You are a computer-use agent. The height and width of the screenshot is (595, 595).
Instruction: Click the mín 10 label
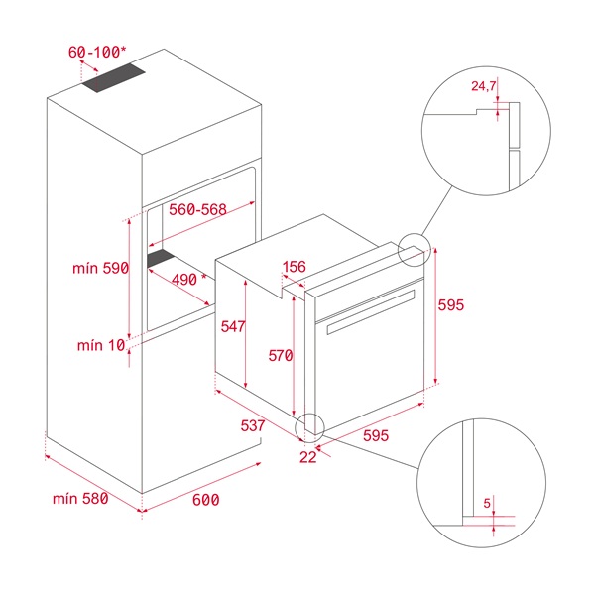coord(100,345)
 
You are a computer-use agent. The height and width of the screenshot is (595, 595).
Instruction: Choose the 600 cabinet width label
coord(204,501)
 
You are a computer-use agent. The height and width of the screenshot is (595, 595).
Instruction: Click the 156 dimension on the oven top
coord(295,267)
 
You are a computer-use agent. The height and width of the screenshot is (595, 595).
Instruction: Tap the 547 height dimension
coord(233,326)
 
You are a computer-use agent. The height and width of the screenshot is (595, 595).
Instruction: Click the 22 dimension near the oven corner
coord(307,456)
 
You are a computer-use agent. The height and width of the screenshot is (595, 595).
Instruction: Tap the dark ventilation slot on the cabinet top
coord(113,82)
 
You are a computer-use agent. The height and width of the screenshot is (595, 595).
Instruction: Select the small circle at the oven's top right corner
coord(414,250)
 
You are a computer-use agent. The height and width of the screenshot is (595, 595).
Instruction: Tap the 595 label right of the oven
coord(451,305)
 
